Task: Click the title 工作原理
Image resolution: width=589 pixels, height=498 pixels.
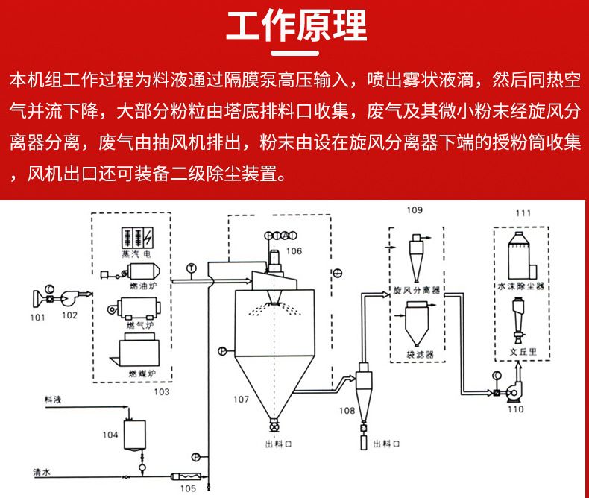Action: point(295,27)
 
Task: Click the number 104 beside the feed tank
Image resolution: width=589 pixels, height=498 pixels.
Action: point(110,434)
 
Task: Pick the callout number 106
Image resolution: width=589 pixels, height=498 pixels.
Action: point(294,251)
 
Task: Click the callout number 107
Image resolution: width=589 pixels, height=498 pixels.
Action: point(241,400)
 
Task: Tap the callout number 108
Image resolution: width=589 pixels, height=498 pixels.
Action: point(347,411)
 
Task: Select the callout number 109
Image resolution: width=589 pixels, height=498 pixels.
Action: point(415,210)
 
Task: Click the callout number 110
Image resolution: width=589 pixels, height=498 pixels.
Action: point(515,409)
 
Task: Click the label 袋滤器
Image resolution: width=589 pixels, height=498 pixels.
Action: point(420,355)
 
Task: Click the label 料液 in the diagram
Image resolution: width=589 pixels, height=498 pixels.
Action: point(53,400)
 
